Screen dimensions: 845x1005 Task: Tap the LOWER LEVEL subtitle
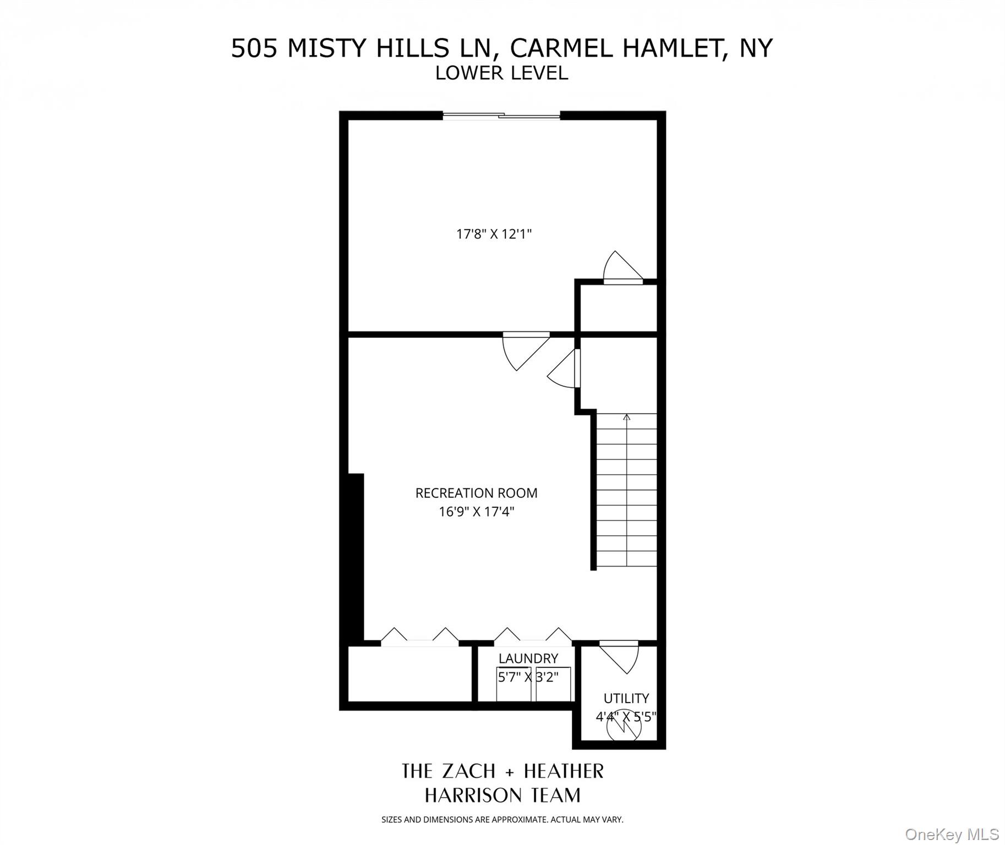pos(501,73)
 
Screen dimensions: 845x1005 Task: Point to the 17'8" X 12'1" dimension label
pos(494,234)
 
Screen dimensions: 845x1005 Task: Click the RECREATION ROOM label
pos(476,493)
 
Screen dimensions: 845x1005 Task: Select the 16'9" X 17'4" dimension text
pos(476,512)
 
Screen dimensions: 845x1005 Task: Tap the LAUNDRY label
pos(528,659)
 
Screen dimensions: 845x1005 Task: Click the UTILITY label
pos(626,699)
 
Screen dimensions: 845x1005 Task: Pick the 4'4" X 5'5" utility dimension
pos(626,717)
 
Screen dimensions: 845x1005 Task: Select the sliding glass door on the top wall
pos(501,116)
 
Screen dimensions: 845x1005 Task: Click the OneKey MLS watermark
pos(952,835)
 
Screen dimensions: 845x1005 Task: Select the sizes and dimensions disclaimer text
pos(502,820)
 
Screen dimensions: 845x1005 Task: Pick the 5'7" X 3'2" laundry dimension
pos(528,677)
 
